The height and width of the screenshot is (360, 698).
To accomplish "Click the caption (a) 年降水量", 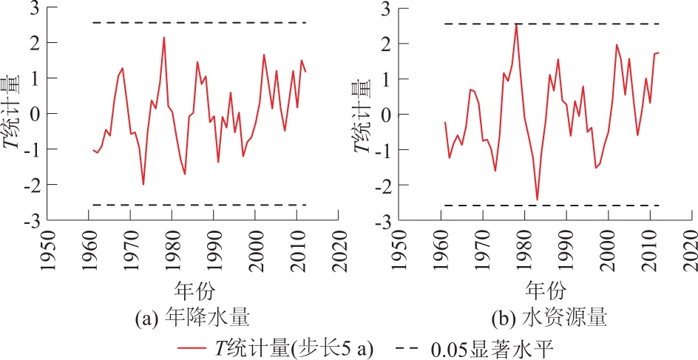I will click(x=192, y=319).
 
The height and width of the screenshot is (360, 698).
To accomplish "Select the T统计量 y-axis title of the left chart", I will click(x=13, y=113).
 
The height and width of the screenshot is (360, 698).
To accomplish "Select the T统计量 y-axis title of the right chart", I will click(x=362, y=113).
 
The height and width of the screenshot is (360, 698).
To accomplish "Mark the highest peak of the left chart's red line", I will click(x=163, y=38).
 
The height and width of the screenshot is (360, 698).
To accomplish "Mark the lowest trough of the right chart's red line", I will click(x=537, y=200).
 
